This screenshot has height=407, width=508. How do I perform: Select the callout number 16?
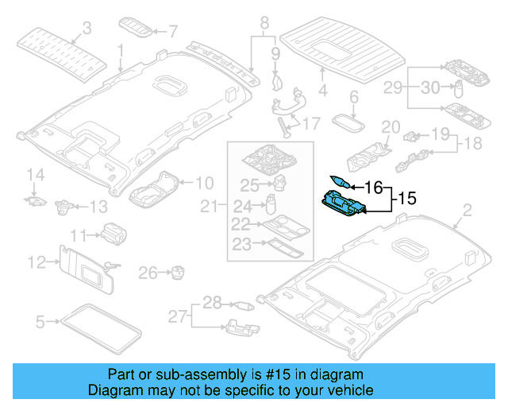coord(374,187)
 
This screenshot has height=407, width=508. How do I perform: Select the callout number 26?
coord(148,273)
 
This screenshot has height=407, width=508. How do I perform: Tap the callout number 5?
coord(40,322)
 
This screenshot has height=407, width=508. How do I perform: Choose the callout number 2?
coord(467,210)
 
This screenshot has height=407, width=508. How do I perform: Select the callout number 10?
coord(204,181)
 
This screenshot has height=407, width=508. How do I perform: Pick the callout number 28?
coord(212,302)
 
